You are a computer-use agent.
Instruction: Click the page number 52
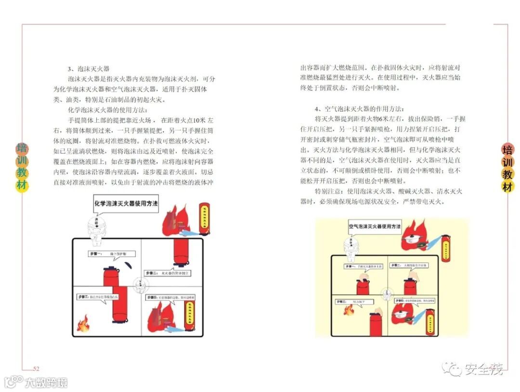click(x=36, y=368)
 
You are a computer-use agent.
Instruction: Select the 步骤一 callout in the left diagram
click(x=111, y=253)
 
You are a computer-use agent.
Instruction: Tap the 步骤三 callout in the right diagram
click(x=352, y=301)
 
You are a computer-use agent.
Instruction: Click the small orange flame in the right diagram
click(x=349, y=310)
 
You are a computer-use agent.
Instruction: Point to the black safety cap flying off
click(x=128, y=266)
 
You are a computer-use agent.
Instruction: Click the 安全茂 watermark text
click(x=483, y=369)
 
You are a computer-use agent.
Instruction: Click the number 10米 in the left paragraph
click(x=199, y=120)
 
